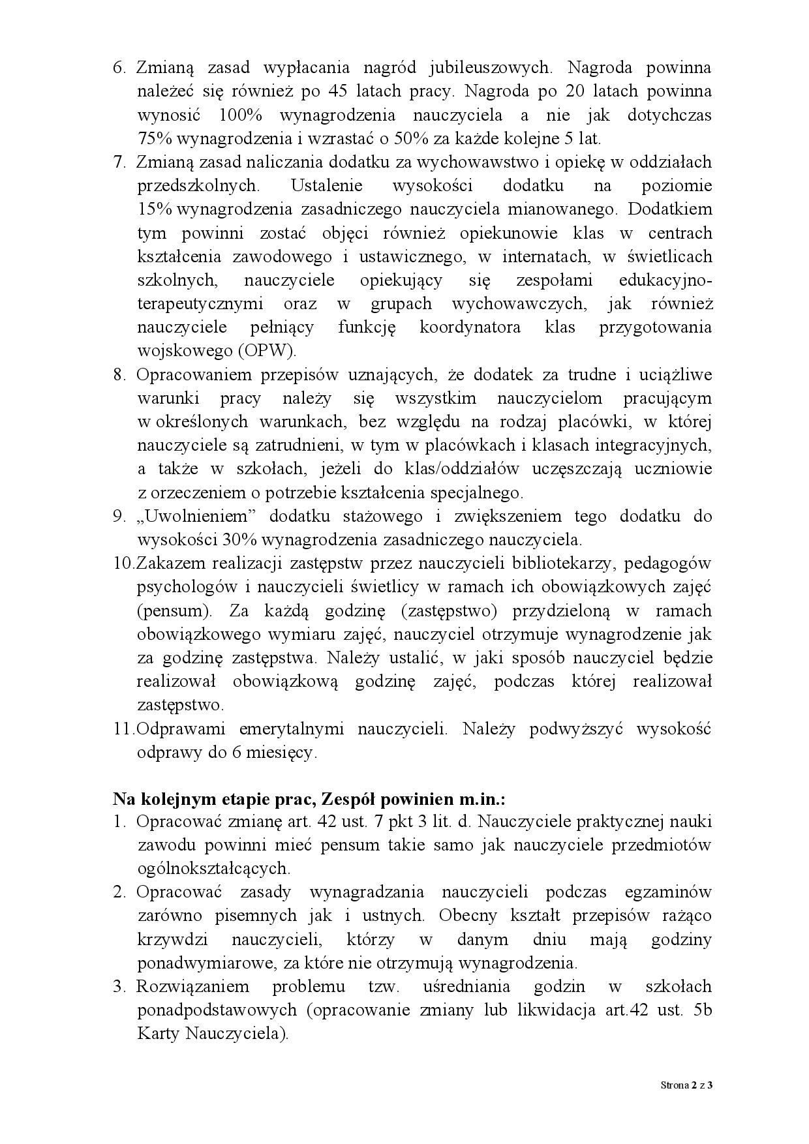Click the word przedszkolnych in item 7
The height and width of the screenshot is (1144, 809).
click(x=198, y=186)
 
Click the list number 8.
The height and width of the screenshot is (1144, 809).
click(x=119, y=374)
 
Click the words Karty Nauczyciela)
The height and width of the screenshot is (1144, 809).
click(x=213, y=1034)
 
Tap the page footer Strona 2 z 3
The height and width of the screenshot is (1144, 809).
click(x=686, y=1086)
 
